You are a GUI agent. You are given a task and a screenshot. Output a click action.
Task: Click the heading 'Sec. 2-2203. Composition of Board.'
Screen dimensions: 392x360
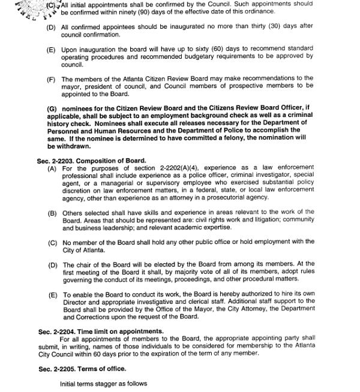(x=92, y=161)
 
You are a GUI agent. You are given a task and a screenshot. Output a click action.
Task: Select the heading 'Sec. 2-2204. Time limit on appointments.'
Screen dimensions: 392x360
(x=101, y=331)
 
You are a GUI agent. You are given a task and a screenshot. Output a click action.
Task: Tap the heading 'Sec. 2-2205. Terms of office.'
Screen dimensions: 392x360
(x=82, y=369)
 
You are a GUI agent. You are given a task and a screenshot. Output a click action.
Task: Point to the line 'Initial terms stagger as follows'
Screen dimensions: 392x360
(x=103, y=384)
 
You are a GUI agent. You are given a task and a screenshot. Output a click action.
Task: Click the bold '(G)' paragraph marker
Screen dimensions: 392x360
(x=52, y=108)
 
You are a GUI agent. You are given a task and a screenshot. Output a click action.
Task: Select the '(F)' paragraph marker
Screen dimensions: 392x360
(x=51, y=79)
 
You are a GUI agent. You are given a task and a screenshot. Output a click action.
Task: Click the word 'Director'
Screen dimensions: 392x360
(x=75, y=302)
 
